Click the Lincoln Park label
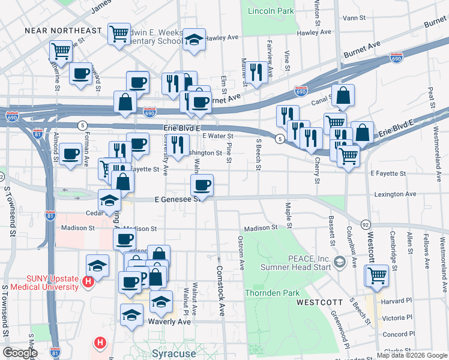271,11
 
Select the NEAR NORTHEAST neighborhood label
63,30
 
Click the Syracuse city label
175,353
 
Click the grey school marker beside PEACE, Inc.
340,262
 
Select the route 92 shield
365,224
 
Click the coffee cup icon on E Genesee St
202,184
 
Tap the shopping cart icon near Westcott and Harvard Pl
377,275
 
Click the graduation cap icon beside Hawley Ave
193,40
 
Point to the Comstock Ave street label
220,291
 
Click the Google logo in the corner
20,352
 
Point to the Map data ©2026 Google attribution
412,355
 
